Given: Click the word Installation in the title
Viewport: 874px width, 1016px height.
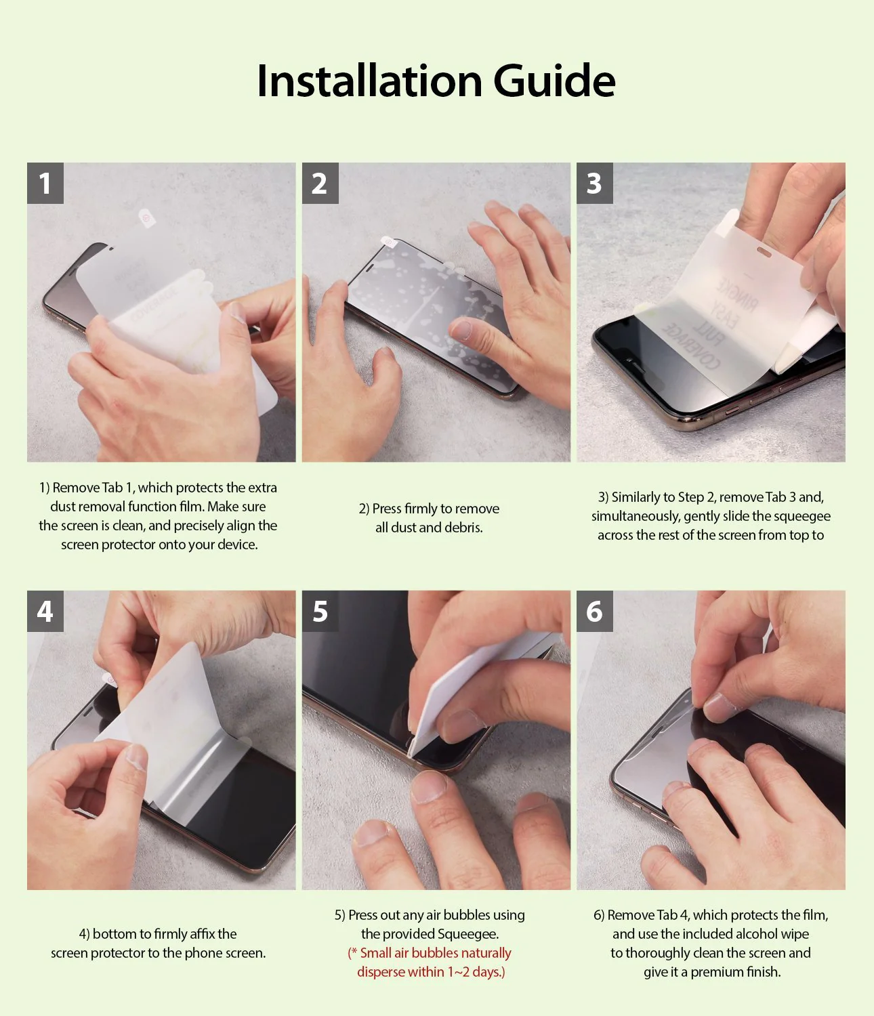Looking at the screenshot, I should [369, 81].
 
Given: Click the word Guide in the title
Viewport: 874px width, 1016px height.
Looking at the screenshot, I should [554, 81].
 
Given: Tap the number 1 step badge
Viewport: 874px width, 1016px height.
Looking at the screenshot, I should [45, 183].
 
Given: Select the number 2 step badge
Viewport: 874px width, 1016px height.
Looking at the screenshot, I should [320, 183].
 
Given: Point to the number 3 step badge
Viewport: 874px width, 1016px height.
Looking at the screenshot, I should [594, 183].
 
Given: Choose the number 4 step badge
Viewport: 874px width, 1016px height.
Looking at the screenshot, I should [45, 611].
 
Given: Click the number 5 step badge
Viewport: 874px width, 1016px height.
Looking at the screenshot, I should [320, 611].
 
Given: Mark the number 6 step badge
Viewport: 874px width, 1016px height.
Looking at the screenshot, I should [594, 611].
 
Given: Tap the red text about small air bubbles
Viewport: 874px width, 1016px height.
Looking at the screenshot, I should [430, 962].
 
